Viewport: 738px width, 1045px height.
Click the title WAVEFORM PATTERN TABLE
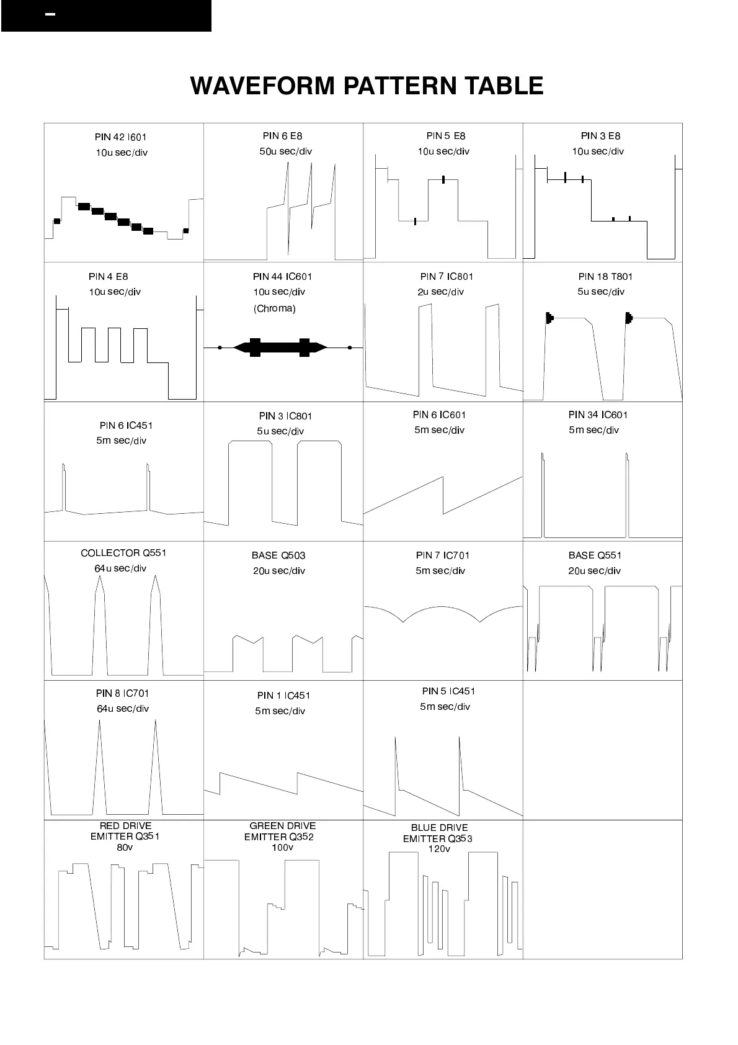point(367,86)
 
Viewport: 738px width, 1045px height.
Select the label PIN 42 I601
point(120,137)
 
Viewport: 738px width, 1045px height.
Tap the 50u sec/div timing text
point(285,151)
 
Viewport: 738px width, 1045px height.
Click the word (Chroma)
point(275,308)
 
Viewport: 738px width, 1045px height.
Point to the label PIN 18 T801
point(605,277)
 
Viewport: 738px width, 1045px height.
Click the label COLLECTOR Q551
point(123,553)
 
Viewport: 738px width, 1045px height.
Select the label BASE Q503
point(278,555)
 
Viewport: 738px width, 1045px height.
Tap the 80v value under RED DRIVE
point(125,848)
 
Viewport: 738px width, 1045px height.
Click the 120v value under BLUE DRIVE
point(439,849)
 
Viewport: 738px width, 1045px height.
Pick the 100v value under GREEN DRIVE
point(282,848)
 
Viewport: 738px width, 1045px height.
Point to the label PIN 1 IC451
point(283,696)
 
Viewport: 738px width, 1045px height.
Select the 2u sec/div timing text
point(440,292)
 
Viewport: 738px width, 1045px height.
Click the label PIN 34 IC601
point(598,415)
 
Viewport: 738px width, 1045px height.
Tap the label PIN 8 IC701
point(122,694)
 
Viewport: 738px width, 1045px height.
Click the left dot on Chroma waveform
point(220,348)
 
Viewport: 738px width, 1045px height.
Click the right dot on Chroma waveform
point(350,348)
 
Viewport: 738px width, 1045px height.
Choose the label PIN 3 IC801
point(285,416)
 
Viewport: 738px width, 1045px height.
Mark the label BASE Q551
point(595,555)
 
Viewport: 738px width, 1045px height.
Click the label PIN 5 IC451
point(448,691)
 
